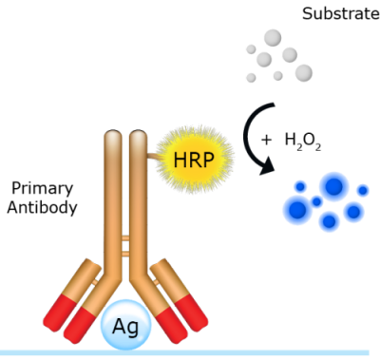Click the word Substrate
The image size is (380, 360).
click(x=341, y=14)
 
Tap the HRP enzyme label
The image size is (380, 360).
click(x=194, y=160)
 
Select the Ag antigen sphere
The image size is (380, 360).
click(x=125, y=325)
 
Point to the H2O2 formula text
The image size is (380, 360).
click(x=303, y=142)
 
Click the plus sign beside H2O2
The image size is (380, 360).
click(x=267, y=140)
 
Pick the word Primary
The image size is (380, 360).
click(x=43, y=189)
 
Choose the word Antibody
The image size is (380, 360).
click(x=42, y=208)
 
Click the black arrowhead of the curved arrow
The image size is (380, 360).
click(x=267, y=166)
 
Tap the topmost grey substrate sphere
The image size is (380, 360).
click(x=273, y=38)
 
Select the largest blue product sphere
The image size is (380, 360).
click(x=334, y=186)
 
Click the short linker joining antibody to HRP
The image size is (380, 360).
click(x=155, y=157)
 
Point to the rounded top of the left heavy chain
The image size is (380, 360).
click(x=113, y=137)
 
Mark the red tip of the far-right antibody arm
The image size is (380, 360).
click(x=191, y=313)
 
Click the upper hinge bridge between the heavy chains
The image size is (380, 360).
click(x=125, y=237)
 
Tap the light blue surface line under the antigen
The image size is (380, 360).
click(x=184, y=352)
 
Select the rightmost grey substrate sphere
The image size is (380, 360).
click(x=304, y=73)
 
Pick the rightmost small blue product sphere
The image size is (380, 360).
click(x=363, y=191)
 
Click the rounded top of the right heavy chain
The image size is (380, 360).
click(x=139, y=137)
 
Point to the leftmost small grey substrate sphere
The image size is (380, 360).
click(x=251, y=49)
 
